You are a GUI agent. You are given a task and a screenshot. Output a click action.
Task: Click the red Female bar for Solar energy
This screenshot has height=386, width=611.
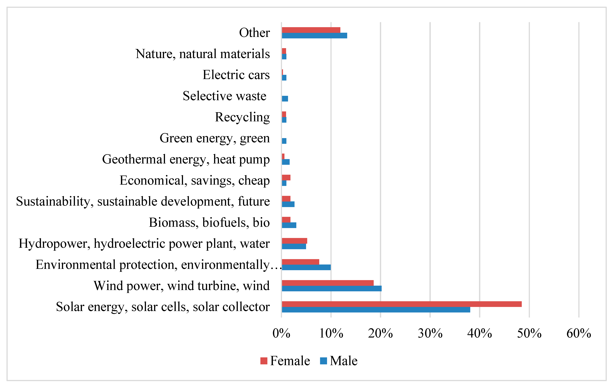(401, 304)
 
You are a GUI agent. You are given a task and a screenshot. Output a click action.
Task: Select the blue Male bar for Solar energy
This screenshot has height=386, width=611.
(375, 310)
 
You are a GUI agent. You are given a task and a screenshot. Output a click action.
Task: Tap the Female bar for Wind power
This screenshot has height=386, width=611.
(327, 283)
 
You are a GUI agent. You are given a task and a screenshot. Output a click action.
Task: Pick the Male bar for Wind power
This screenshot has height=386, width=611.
(331, 289)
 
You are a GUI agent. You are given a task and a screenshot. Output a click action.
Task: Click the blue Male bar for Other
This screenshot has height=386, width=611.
(314, 36)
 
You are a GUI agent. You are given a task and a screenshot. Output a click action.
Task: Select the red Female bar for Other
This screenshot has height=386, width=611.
(311, 30)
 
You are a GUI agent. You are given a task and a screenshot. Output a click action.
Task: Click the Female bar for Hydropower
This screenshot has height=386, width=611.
(294, 241)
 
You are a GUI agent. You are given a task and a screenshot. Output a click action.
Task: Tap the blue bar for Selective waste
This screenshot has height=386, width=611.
(285, 99)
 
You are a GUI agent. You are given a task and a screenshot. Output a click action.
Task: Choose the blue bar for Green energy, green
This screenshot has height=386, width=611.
(284, 141)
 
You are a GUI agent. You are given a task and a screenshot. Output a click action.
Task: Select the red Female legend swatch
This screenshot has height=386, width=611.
(264, 361)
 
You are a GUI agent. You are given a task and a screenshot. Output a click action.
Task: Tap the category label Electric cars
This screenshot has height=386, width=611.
(236, 75)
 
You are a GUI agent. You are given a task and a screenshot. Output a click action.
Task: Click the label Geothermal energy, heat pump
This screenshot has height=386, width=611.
(186, 159)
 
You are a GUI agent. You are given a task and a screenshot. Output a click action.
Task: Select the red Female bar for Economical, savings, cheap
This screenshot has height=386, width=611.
(286, 177)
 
